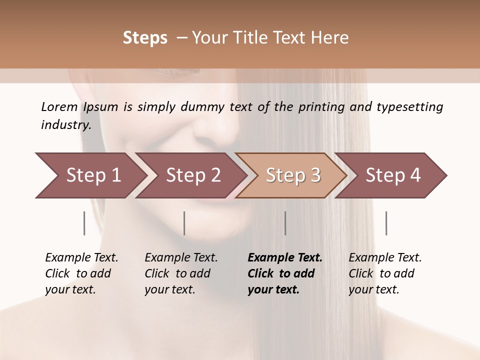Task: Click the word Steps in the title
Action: [x=145, y=38]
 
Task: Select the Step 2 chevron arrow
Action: [x=193, y=175]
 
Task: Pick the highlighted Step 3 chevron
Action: [x=293, y=175]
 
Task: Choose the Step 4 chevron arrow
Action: [x=393, y=175]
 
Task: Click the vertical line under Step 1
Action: [x=84, y=223]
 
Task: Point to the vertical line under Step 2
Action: [x=184, y=223]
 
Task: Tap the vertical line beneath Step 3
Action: [x=285, y=223]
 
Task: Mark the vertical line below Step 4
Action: [x=386, y=223]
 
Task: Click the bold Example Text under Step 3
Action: [x=285, y=257]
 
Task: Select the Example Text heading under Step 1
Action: [x=81, y=257]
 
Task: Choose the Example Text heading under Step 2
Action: [x=181, y=257]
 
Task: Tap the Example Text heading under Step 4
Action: [x=385, y=257]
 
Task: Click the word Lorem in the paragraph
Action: [x=59, y=106]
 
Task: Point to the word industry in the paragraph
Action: [x=66, y=125]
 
